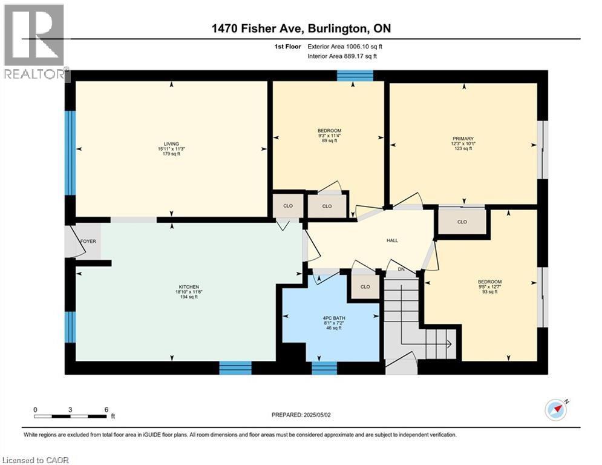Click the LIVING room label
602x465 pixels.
pos(171,144)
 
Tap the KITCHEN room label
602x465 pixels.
pos(189,287)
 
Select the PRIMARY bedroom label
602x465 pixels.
pos(463,139)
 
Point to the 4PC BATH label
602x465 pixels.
pos(333,318)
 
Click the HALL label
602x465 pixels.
pos(392,240)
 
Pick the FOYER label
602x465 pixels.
pos(88,242)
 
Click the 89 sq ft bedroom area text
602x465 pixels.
pos(329,140)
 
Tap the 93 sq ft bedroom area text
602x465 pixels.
pos(489,292)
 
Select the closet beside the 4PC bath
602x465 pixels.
pos(365,286)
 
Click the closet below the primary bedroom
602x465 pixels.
pos(462,222)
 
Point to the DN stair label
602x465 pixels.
pos(401,269)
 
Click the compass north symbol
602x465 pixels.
pos(556,410)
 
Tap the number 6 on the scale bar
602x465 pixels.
pos(106,410)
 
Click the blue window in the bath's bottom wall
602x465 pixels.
pos(324,368)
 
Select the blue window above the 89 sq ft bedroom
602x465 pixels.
pos(355,76)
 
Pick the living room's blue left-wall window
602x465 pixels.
pos(70,153)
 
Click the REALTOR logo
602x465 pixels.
pos(34,42)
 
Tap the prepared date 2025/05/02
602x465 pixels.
pos(317,415)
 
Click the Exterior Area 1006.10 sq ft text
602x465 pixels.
pos(345,47)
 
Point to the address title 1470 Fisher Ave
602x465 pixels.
pos(258,28)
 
